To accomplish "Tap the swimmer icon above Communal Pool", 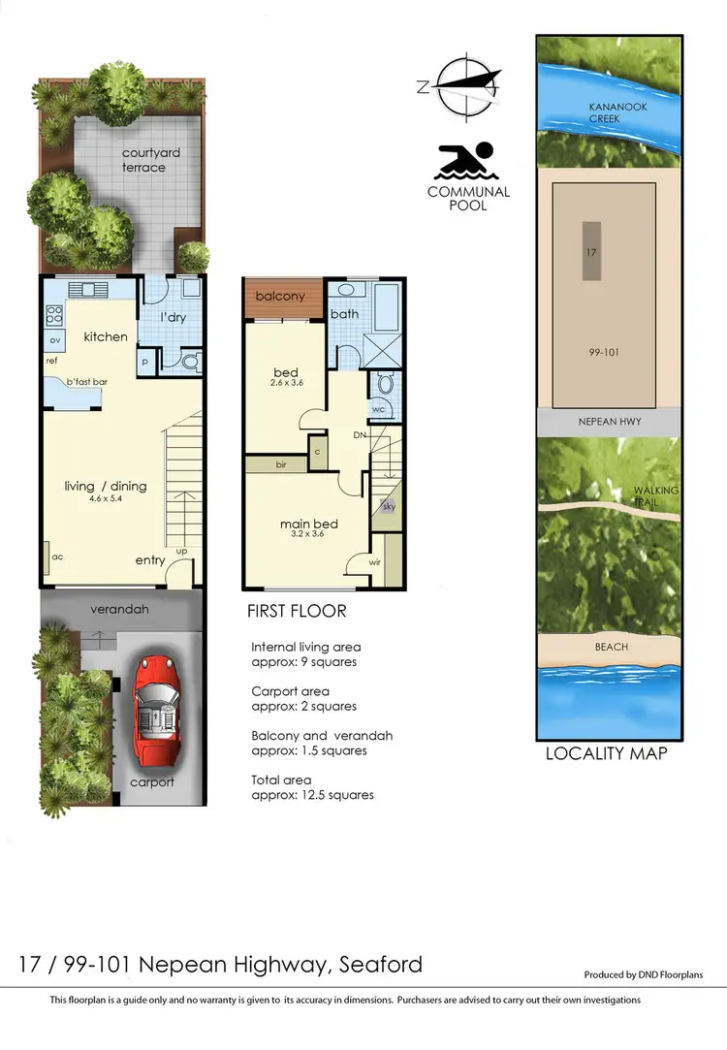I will pos(466,161).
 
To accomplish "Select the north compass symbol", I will pos(468,85).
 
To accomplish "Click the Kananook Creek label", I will pos(617,112).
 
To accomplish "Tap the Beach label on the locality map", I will pos(611,647).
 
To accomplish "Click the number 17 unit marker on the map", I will pos(590,251).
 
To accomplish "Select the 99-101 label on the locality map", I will pos(604,353).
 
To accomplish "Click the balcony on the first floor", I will pos(282,297).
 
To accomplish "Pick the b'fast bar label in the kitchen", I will pos(86,382).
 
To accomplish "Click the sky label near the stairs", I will pos(389,507).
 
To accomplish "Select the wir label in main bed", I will pos(374,561).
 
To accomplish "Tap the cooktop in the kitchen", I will pos(53,314).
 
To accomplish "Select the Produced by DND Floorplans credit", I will pos(643,974).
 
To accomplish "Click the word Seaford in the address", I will pos(377,964).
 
